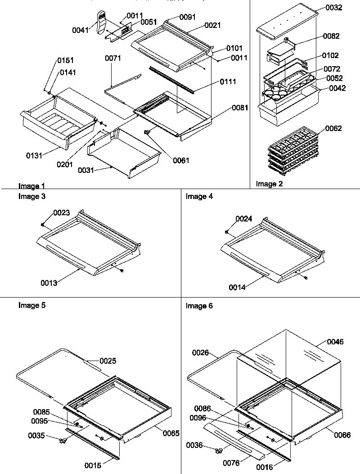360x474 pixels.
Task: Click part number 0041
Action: (80, 30)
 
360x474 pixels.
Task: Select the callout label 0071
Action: (113, 59)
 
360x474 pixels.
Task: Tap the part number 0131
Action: (34, 155)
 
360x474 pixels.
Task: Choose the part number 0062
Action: (333, 128)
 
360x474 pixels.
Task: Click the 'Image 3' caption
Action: (31, 196)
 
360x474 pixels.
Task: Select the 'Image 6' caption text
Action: (199, 306)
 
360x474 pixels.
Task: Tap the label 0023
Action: (62, 213)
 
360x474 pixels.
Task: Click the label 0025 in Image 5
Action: (108, 361)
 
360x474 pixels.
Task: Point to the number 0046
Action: (335, 342)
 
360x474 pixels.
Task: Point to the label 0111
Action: (228, 81)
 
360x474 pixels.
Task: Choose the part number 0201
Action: (65, 164)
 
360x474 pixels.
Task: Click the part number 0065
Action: (171, 433)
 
